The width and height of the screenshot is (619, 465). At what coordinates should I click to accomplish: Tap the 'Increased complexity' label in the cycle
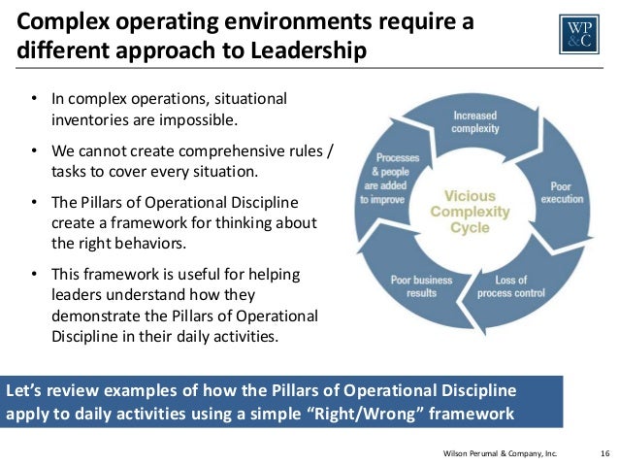[x=475, y=122]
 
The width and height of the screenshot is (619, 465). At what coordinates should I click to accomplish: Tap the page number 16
[x=603, y=452]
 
